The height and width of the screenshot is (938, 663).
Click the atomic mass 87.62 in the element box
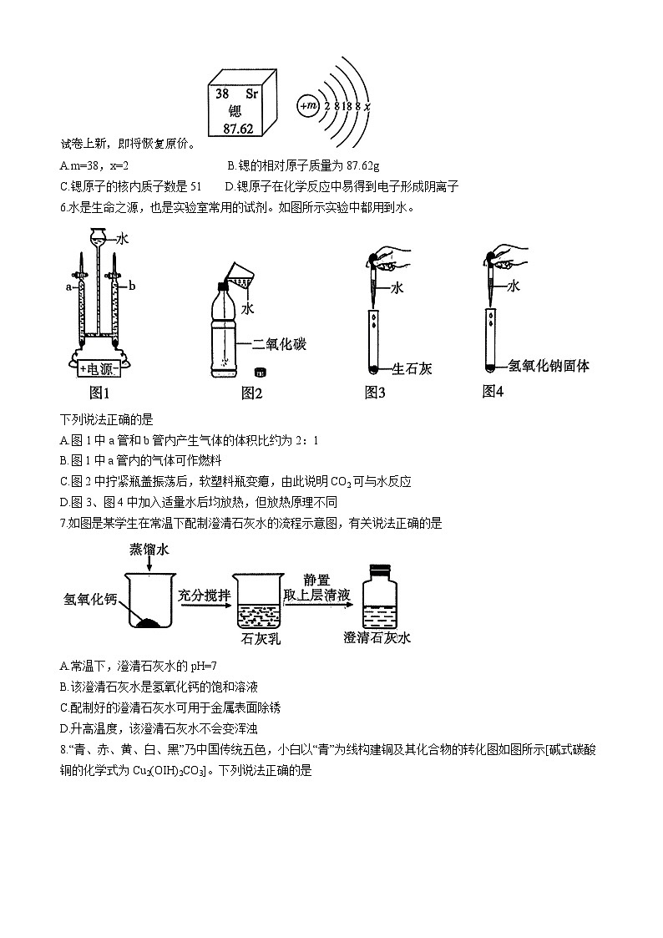click(241, 128)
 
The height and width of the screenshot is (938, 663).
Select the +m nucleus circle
click(308, 106)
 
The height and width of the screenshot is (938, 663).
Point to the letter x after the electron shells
click(367, 107)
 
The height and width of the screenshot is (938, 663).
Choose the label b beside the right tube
click(132, 286)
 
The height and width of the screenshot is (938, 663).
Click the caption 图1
click(99, 393)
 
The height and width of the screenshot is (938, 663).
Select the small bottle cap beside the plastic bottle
click(260, 369)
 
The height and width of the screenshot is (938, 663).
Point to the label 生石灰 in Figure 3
click(412, 368)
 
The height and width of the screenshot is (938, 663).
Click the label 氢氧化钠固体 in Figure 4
click(549, 365)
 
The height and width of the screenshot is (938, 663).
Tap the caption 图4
click(493, 391)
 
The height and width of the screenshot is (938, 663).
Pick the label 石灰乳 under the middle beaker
click(258, 639)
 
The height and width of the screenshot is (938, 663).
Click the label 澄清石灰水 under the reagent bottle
click(377, 639)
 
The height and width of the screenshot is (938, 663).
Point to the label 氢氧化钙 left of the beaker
click(90, 599)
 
